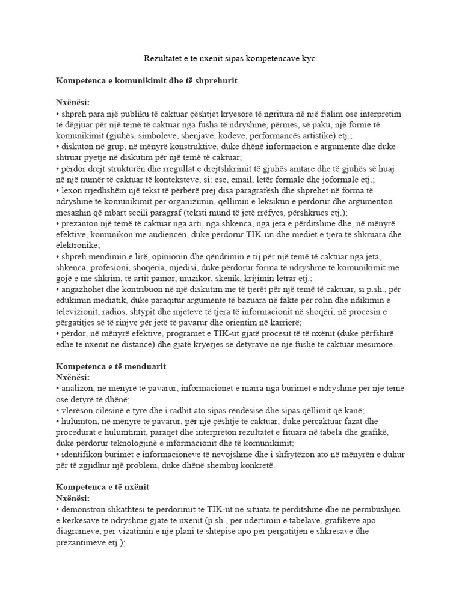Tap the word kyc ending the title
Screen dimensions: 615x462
tap(309, 59)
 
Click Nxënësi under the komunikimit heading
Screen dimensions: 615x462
tap(72, 102)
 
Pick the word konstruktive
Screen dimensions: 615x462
tap(193, 147)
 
